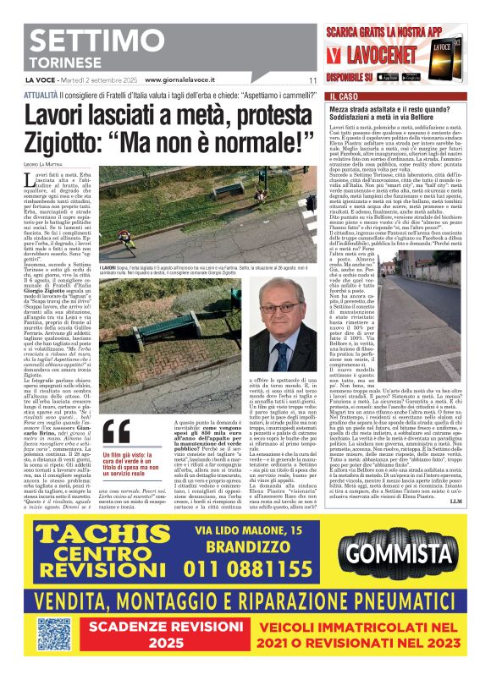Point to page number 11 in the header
click(312, 81)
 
